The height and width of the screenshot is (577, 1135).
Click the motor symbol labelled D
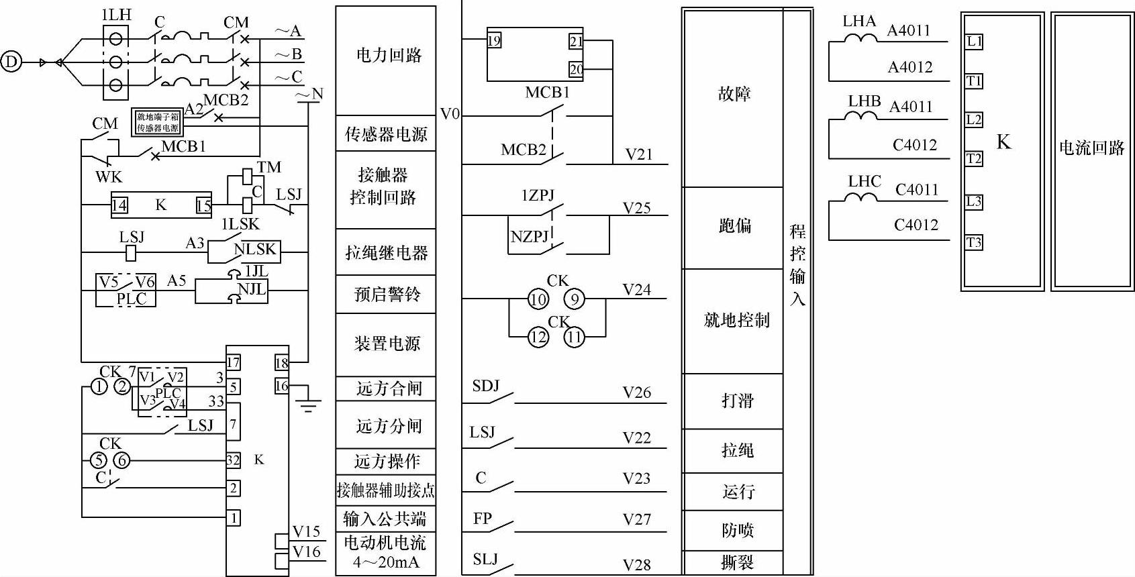11,62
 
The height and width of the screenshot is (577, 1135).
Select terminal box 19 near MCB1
494,40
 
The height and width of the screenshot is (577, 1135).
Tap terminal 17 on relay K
233,363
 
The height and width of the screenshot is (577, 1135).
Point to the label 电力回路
389,55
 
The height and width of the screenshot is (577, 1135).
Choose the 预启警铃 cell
387,294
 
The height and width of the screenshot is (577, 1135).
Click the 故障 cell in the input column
734,94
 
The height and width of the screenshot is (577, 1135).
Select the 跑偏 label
735,226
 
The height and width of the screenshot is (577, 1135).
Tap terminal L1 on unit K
974,42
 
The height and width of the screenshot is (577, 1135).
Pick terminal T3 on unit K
974,242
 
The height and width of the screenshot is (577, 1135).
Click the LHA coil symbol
859,38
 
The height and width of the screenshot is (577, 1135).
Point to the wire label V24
636,289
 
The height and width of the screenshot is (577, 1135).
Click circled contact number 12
538,337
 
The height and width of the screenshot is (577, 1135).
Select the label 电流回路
1091,148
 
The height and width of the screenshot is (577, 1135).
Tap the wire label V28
636,565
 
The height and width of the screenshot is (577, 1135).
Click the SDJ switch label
486,386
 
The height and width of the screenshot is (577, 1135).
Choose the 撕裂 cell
737,563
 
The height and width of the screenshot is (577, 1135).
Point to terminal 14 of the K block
119,205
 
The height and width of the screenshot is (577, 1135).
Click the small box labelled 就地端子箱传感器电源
158,122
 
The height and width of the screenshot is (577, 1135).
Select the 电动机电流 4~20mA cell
385,552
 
